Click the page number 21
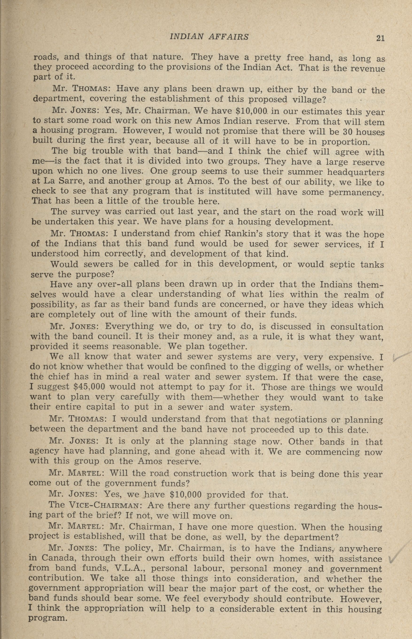[380, 38]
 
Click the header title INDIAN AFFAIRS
[209, 37]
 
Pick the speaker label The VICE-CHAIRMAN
[94, 506]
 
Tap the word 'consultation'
[357, 327]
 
